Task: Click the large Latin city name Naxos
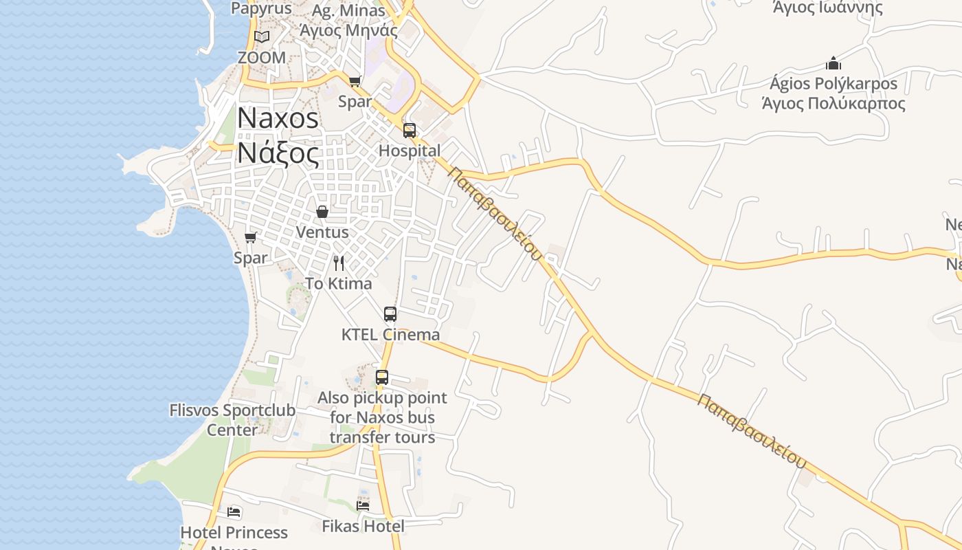(x=278, y=118)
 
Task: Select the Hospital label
(x=410, y=151)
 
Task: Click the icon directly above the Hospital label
(x=410, y=130)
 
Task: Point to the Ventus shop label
(x=322, y=232)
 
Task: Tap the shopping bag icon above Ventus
(x=322, y=212)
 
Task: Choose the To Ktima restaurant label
(x=339, y=283)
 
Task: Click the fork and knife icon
(x=339, y=263)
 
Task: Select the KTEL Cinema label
(x=390, y=335)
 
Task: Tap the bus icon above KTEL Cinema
(x=390, y=314)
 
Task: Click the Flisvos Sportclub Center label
(x=232, y=420)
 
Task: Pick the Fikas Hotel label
(x=363, y=527)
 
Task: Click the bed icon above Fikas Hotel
(x=363, y=506)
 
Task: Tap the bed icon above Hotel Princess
(x=234, y=512)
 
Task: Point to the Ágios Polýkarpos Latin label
(x=834, y=84)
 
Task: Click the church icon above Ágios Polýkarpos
(x=834, y=64)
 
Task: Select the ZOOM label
(x=261, y=58)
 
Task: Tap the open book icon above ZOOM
(x=261, y=37)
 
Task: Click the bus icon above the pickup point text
(x=382, y=377)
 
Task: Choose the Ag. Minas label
(x=348, y=11)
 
